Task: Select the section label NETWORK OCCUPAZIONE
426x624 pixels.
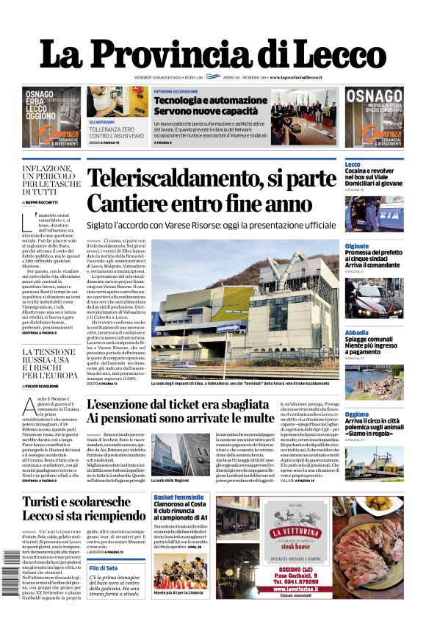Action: tap(176, 92)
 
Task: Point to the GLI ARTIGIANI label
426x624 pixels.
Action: tap(101, 121)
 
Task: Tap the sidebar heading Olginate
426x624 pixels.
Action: tap(357, 246)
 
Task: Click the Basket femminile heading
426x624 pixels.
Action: tap(178, 498)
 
